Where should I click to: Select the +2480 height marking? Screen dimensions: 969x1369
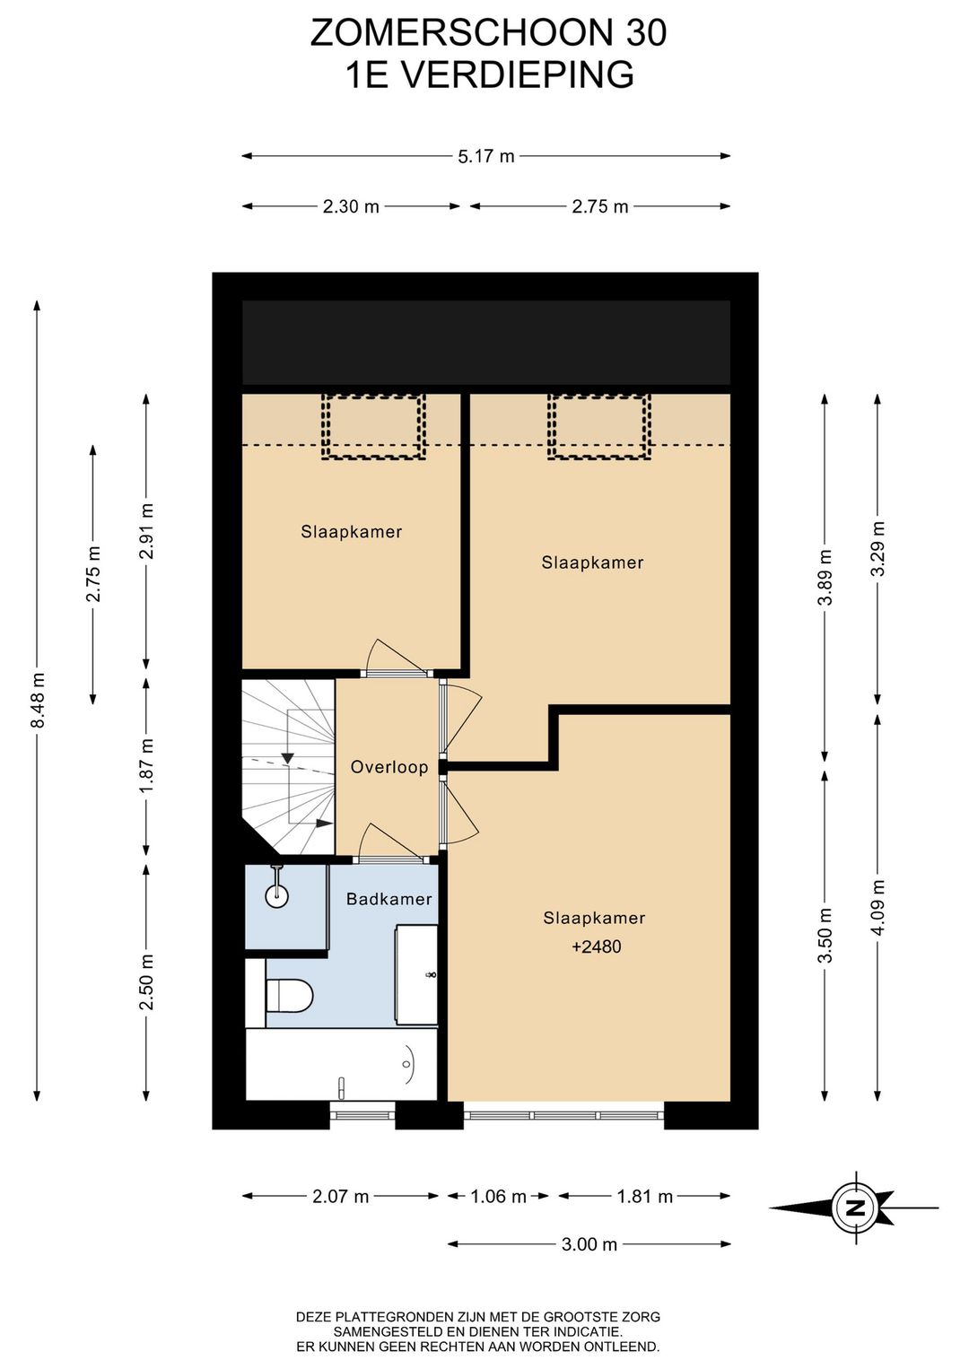(x=596, y=946)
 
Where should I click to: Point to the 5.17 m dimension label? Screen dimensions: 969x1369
(x=486, y=156)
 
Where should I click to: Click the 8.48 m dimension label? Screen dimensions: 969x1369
(x=38, y=700)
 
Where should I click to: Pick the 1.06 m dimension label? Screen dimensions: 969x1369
(x=498, y=1196)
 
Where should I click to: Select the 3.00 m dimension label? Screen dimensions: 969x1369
(x=589, y=1243)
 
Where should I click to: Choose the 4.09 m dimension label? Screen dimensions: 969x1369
(x=877, y=908)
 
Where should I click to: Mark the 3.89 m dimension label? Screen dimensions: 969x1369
(x=825, y=576)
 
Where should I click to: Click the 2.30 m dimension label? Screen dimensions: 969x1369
(x=351, y=206)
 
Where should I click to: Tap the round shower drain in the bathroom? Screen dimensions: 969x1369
(x=276, y=896)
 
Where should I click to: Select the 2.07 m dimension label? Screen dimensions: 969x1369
(x=341, y=1196)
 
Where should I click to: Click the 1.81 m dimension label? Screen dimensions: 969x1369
(x=644, y=1196)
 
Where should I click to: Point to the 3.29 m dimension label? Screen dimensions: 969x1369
(x=877, y=548)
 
